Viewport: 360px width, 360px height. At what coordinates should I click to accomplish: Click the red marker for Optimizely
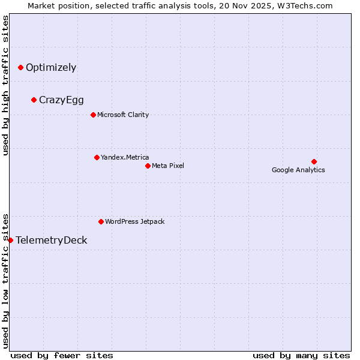20,67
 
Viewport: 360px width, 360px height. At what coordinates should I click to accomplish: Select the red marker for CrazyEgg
34,100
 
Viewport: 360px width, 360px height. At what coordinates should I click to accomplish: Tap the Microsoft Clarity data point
93,115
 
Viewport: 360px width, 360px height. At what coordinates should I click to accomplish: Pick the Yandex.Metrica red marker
97,157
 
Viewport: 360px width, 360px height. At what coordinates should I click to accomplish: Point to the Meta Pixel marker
148,166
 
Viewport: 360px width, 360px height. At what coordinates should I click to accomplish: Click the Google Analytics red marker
314,161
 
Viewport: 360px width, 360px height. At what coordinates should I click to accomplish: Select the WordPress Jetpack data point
101,221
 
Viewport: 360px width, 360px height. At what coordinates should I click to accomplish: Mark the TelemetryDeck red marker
10,240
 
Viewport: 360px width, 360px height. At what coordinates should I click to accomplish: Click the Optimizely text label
51,67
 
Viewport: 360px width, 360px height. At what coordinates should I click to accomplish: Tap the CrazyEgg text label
61,100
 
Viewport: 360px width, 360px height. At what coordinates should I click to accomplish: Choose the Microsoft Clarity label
123,115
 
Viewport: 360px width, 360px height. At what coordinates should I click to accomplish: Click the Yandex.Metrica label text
125,157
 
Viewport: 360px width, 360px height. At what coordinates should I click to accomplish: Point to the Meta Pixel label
168,166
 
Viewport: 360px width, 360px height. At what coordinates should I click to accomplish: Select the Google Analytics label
298,170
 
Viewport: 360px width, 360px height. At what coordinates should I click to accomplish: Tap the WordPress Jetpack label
134,221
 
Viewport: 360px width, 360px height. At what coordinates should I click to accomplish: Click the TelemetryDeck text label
52,240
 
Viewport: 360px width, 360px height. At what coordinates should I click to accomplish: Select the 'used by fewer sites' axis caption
62,355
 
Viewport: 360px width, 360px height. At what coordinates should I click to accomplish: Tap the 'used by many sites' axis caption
301,355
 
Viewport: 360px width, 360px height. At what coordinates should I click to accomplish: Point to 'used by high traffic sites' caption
6,85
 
